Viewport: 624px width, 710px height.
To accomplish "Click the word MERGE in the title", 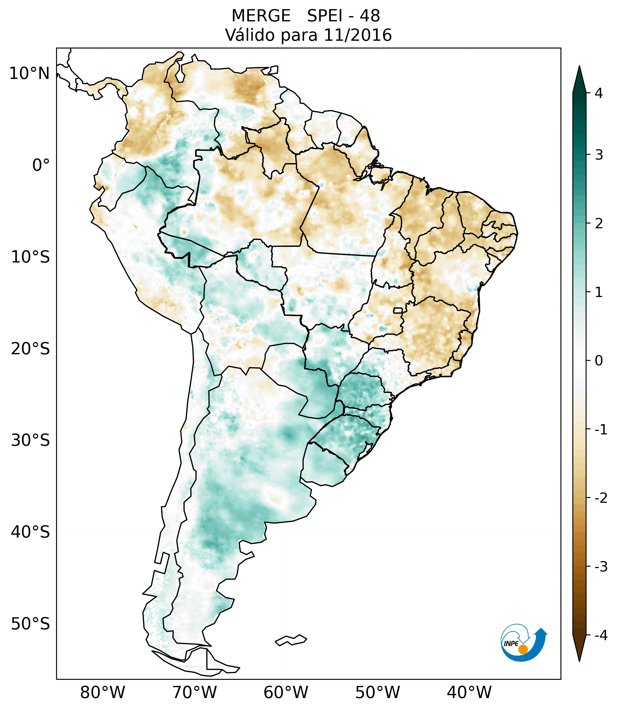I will click(x=261, y=16).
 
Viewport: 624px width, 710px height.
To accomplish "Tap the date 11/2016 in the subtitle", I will click(x=358, y=35).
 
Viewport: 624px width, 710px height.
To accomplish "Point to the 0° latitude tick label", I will click(x=41, y=165).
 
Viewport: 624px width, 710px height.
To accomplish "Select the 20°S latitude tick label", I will click(x=30, y=349).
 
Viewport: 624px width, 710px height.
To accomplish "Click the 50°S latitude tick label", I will click(x=30, y=624).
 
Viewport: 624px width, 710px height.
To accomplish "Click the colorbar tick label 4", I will click(x=599, y=93).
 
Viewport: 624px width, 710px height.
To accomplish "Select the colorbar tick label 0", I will click(x=599, y=361).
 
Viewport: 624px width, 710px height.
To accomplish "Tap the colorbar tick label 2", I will click(x=599, y=224).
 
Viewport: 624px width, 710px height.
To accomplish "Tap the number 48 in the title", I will click(x=370, y=16).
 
